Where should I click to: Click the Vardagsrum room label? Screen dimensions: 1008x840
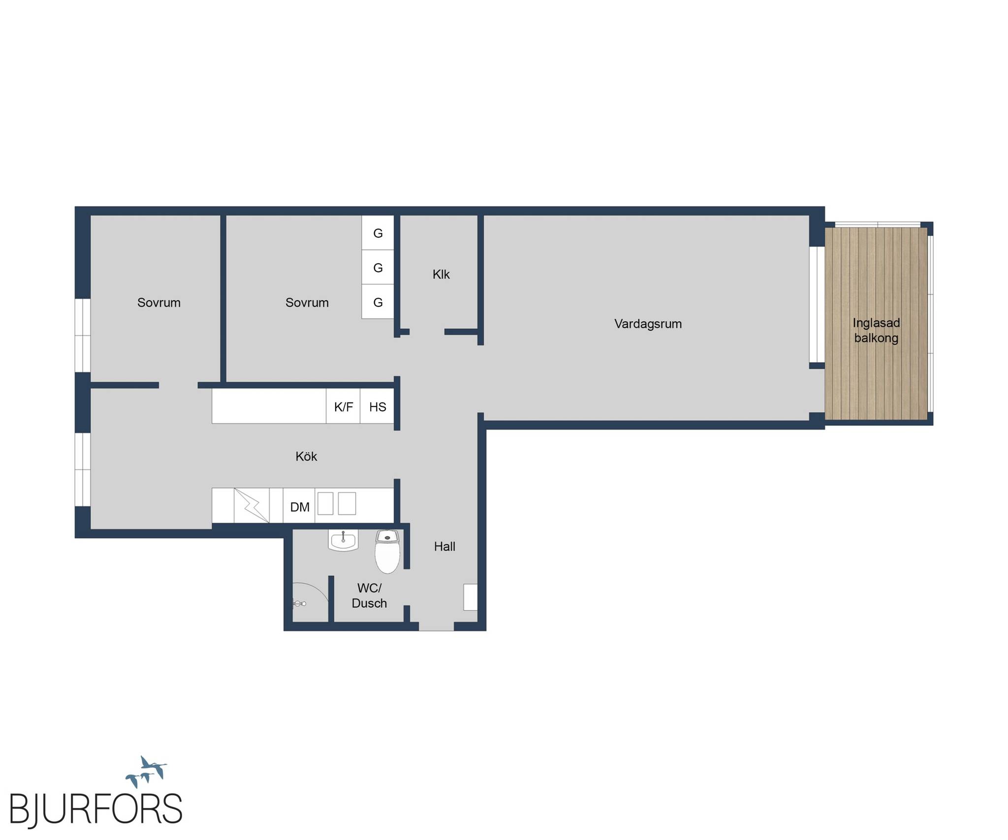point(648,324)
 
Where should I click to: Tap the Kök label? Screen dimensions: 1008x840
point(306,456)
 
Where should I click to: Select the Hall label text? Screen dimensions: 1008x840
point(444,546)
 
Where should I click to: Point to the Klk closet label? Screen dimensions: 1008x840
point(441,274)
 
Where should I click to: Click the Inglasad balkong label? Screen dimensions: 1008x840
point(876,330)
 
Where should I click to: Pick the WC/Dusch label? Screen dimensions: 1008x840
point(369,595)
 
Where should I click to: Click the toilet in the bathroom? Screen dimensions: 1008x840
point(387,551)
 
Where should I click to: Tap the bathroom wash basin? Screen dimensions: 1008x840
point(343,540)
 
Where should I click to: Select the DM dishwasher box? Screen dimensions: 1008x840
point(299,505)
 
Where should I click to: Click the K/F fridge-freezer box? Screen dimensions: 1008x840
point(343,406)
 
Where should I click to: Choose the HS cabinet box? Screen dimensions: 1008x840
point(378,406)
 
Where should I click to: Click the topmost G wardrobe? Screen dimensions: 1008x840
point(378,233)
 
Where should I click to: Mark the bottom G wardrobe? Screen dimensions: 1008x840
point(378,302)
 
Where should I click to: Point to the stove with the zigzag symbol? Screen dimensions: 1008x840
point(252,505)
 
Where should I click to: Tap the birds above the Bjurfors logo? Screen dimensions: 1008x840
point(146,772)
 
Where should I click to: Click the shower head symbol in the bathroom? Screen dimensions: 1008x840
point(299,603)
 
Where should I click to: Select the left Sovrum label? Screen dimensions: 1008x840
point(158,303)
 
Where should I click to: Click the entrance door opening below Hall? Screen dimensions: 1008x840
point(436,626)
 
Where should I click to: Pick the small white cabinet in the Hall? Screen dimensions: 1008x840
point(471,597)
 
